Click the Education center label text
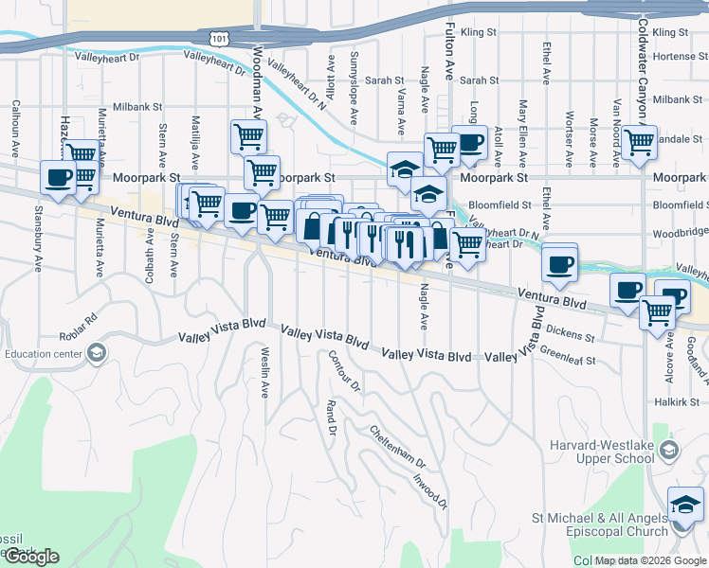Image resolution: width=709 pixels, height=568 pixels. (x=41, y=354)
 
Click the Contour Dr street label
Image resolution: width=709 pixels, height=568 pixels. (x=344, y=370)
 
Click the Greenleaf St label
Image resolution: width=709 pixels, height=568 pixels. (x=567, y=359)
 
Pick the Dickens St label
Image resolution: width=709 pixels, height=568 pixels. (x=569, y=336)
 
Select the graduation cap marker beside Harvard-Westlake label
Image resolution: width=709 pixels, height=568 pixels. (x=686, y=503)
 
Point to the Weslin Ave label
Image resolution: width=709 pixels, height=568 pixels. (x=264, y=371)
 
